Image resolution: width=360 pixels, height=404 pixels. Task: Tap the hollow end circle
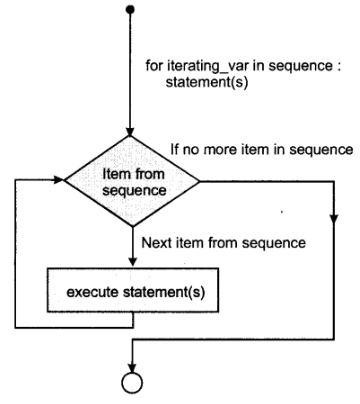131,384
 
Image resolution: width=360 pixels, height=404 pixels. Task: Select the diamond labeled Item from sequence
131,183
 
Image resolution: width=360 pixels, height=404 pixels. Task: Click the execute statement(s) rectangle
131,292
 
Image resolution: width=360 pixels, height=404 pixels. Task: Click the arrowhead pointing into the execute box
131,264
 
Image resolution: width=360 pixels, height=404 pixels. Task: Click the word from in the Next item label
227,244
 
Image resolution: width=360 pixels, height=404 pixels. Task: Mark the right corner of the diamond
201,183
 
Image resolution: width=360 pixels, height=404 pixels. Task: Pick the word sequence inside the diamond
131,191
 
